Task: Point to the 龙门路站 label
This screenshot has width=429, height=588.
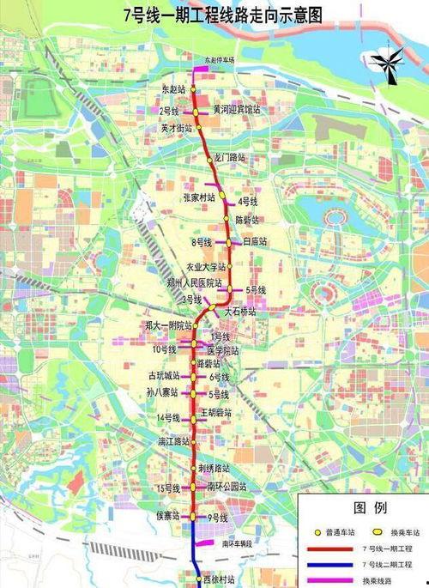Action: point(229,158)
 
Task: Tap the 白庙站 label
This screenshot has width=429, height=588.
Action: point(255,242)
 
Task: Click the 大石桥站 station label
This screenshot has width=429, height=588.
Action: point(239,313)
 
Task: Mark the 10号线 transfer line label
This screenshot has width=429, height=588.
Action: point(165,349)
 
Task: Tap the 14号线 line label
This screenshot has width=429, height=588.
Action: point(167,418)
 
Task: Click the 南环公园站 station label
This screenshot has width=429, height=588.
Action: point(227,487)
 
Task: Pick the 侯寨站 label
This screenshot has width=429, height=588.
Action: point(166,516)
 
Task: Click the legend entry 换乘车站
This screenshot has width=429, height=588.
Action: point(400,529)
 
